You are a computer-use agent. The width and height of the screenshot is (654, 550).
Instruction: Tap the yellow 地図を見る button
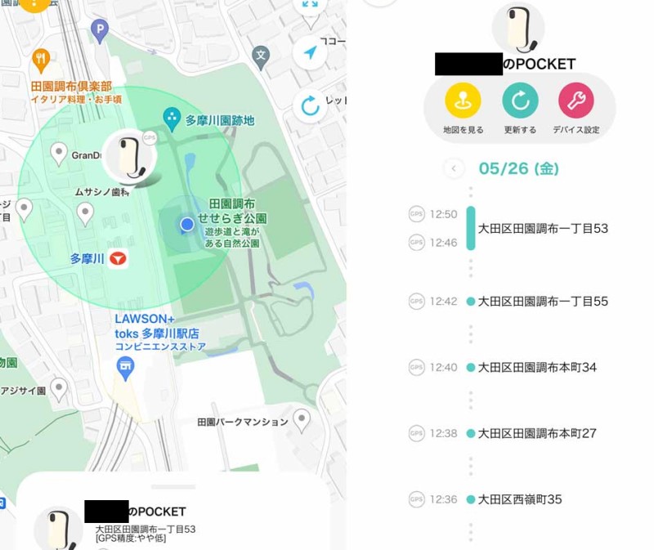coord(463,101)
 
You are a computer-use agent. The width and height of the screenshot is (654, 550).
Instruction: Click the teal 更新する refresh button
coord(520,101)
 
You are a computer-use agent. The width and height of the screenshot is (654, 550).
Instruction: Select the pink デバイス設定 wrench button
coord(576,101)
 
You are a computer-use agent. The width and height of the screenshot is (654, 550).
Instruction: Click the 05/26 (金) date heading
coord(518,169)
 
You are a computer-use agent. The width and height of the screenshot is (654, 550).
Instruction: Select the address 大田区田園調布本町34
coord(537,368)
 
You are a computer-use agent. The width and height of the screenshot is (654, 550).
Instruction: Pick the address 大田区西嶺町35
coord(520,499)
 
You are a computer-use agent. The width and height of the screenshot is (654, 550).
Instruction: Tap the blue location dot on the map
coord(187,224)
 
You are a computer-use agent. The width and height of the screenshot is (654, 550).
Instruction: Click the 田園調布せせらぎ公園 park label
coord(238,211)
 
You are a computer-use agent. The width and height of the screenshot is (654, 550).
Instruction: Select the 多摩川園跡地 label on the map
coord(219,120)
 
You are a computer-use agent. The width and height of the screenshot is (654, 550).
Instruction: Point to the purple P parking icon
coord(100,32)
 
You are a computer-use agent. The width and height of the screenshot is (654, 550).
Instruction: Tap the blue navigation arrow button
coord(310,53)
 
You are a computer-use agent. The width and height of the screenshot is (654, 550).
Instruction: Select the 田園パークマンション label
coord(243,422)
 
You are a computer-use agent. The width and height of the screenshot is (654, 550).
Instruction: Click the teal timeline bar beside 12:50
coord(471,228)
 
